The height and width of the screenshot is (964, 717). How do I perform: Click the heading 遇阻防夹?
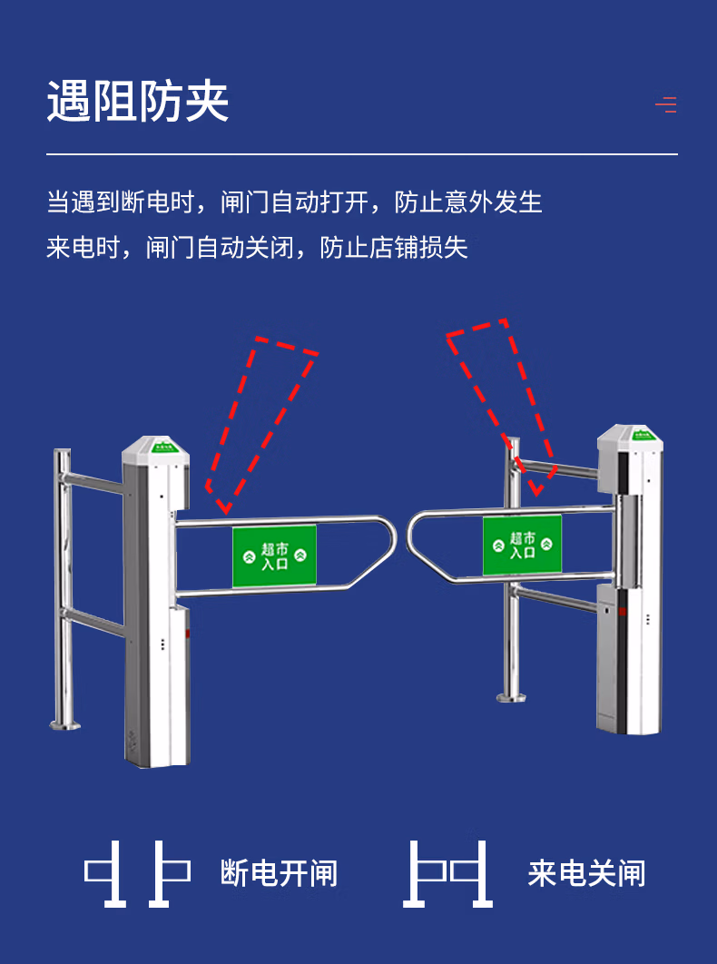tap(138, 102)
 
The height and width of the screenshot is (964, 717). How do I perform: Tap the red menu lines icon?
tap(666, 105)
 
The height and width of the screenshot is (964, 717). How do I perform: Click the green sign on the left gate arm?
tap(274, 556)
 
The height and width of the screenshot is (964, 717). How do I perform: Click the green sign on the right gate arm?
tap(522, 545)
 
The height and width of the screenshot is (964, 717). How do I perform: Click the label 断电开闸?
tap(279, 874)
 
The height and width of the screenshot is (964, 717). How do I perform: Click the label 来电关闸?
tap(586, 874)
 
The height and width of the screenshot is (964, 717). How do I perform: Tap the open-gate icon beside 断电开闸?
tap(138, 873)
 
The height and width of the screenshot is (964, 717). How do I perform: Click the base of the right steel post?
tap(511, 696)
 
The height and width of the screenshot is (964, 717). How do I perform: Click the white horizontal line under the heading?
tap(362, 155)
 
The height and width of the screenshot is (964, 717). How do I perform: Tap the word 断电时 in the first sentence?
tap(170, 202)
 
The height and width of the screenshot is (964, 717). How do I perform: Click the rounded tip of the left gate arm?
tap(390, 543)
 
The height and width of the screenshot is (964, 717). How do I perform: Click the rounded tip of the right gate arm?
tap(413, 536)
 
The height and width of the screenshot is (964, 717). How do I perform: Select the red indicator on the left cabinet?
tap(188, 634)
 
